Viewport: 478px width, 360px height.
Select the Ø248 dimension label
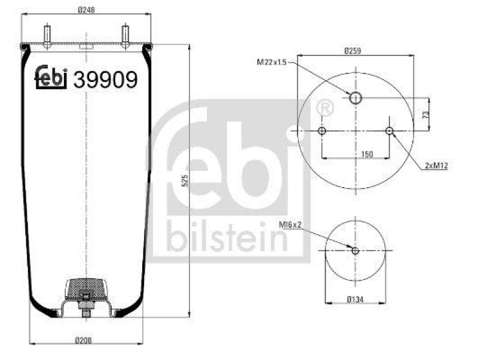88,9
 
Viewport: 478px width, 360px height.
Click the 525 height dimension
185,180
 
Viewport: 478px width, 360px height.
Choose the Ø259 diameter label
354,51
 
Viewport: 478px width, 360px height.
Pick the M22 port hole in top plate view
356,97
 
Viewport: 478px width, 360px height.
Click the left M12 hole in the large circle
322,131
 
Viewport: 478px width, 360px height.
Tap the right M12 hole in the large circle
390,131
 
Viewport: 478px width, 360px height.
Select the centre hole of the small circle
356,251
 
